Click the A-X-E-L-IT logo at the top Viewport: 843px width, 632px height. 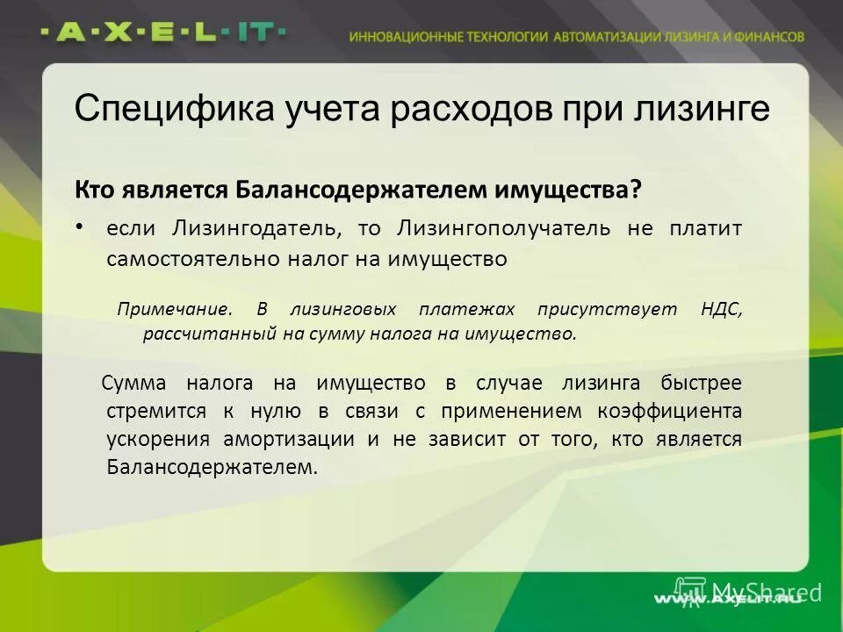coord(163,32)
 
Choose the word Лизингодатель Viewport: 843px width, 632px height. coord(256,229)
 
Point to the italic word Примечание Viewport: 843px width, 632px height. coord(176,310)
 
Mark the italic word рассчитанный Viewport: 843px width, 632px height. coord(198,334)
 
